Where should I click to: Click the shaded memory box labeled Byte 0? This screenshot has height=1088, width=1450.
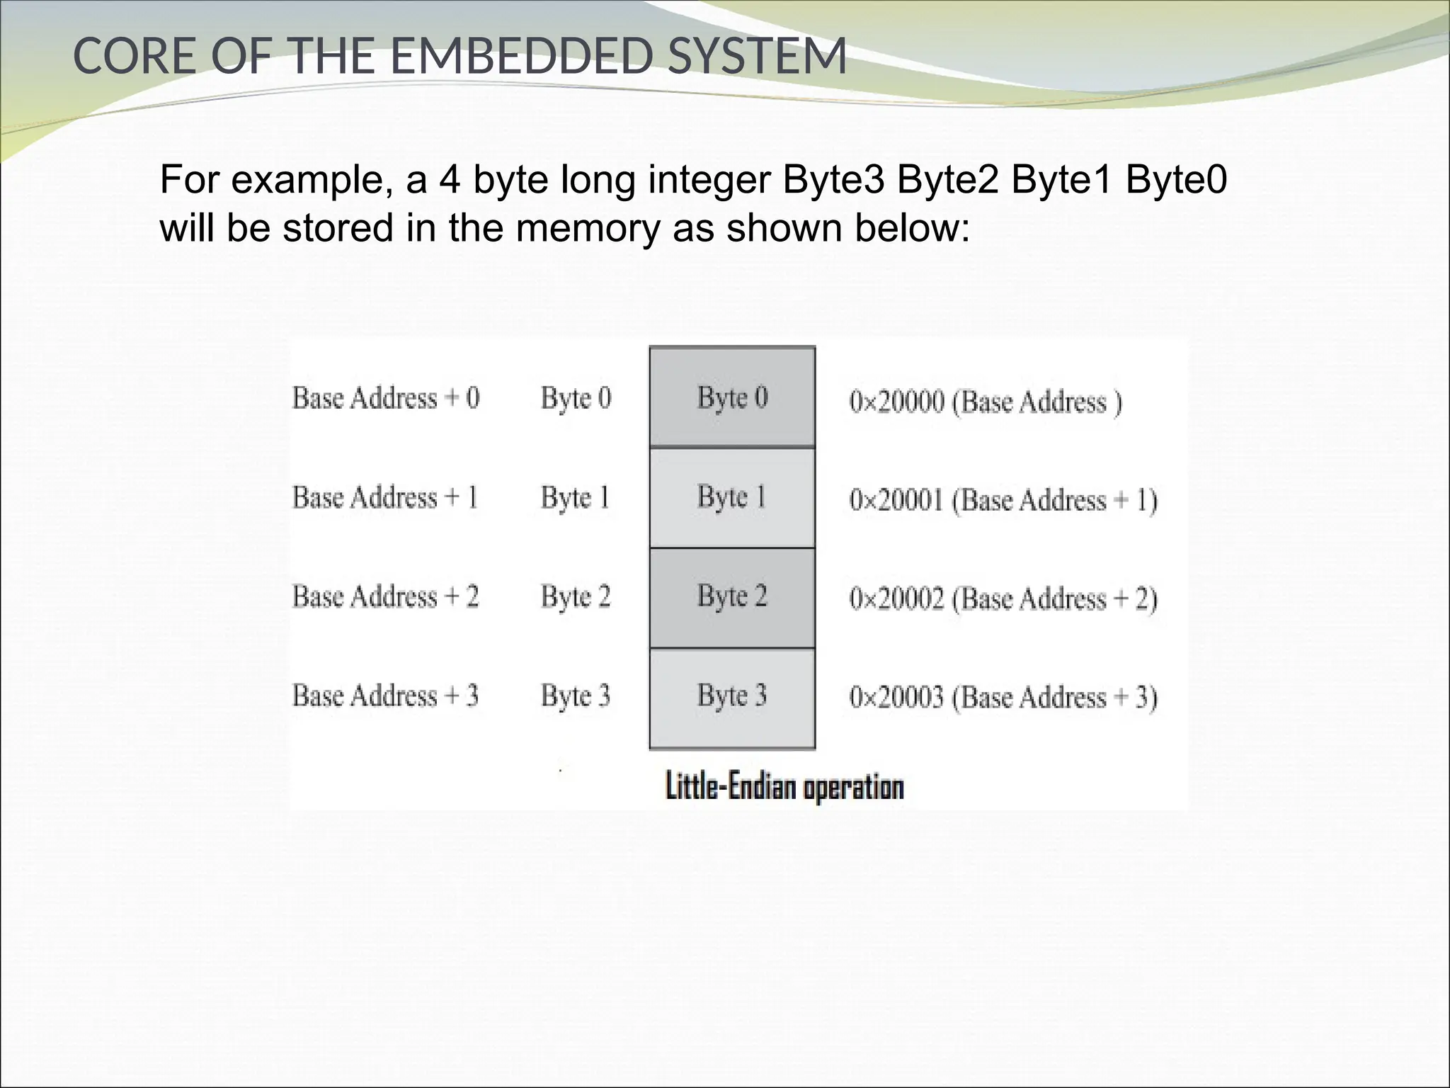point(732,397)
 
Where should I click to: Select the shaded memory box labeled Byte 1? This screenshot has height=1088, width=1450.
point(732,497)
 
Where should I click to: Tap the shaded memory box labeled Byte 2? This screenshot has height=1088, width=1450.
point(732,597)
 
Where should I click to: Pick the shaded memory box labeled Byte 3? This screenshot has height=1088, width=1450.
point(732,697)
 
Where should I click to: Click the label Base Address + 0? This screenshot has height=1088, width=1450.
point(386,398)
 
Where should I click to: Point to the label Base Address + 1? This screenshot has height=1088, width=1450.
point(385,497)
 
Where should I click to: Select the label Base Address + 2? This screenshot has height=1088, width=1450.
point(386,597)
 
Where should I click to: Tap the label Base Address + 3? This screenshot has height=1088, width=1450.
point(386,696)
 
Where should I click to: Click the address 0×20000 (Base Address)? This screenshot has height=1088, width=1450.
point(985,402)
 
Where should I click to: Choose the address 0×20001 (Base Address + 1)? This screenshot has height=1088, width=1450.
point(1003,501)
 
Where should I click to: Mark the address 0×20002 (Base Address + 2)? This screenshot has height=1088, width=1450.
point(1003,599)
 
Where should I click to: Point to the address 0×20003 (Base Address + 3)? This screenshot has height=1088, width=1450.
point(1003,698)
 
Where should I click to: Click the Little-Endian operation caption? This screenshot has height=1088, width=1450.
point(784,788)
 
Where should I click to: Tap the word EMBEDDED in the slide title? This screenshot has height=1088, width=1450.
point(520,57)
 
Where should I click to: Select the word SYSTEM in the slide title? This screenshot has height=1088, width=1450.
point(757,57)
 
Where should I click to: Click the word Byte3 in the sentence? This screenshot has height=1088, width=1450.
point(833,180)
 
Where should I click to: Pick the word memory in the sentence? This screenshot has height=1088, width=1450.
point(588,228)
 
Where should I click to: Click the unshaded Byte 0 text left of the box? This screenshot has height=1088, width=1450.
point(576,398)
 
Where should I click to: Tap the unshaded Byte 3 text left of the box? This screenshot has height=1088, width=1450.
point(576,696)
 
